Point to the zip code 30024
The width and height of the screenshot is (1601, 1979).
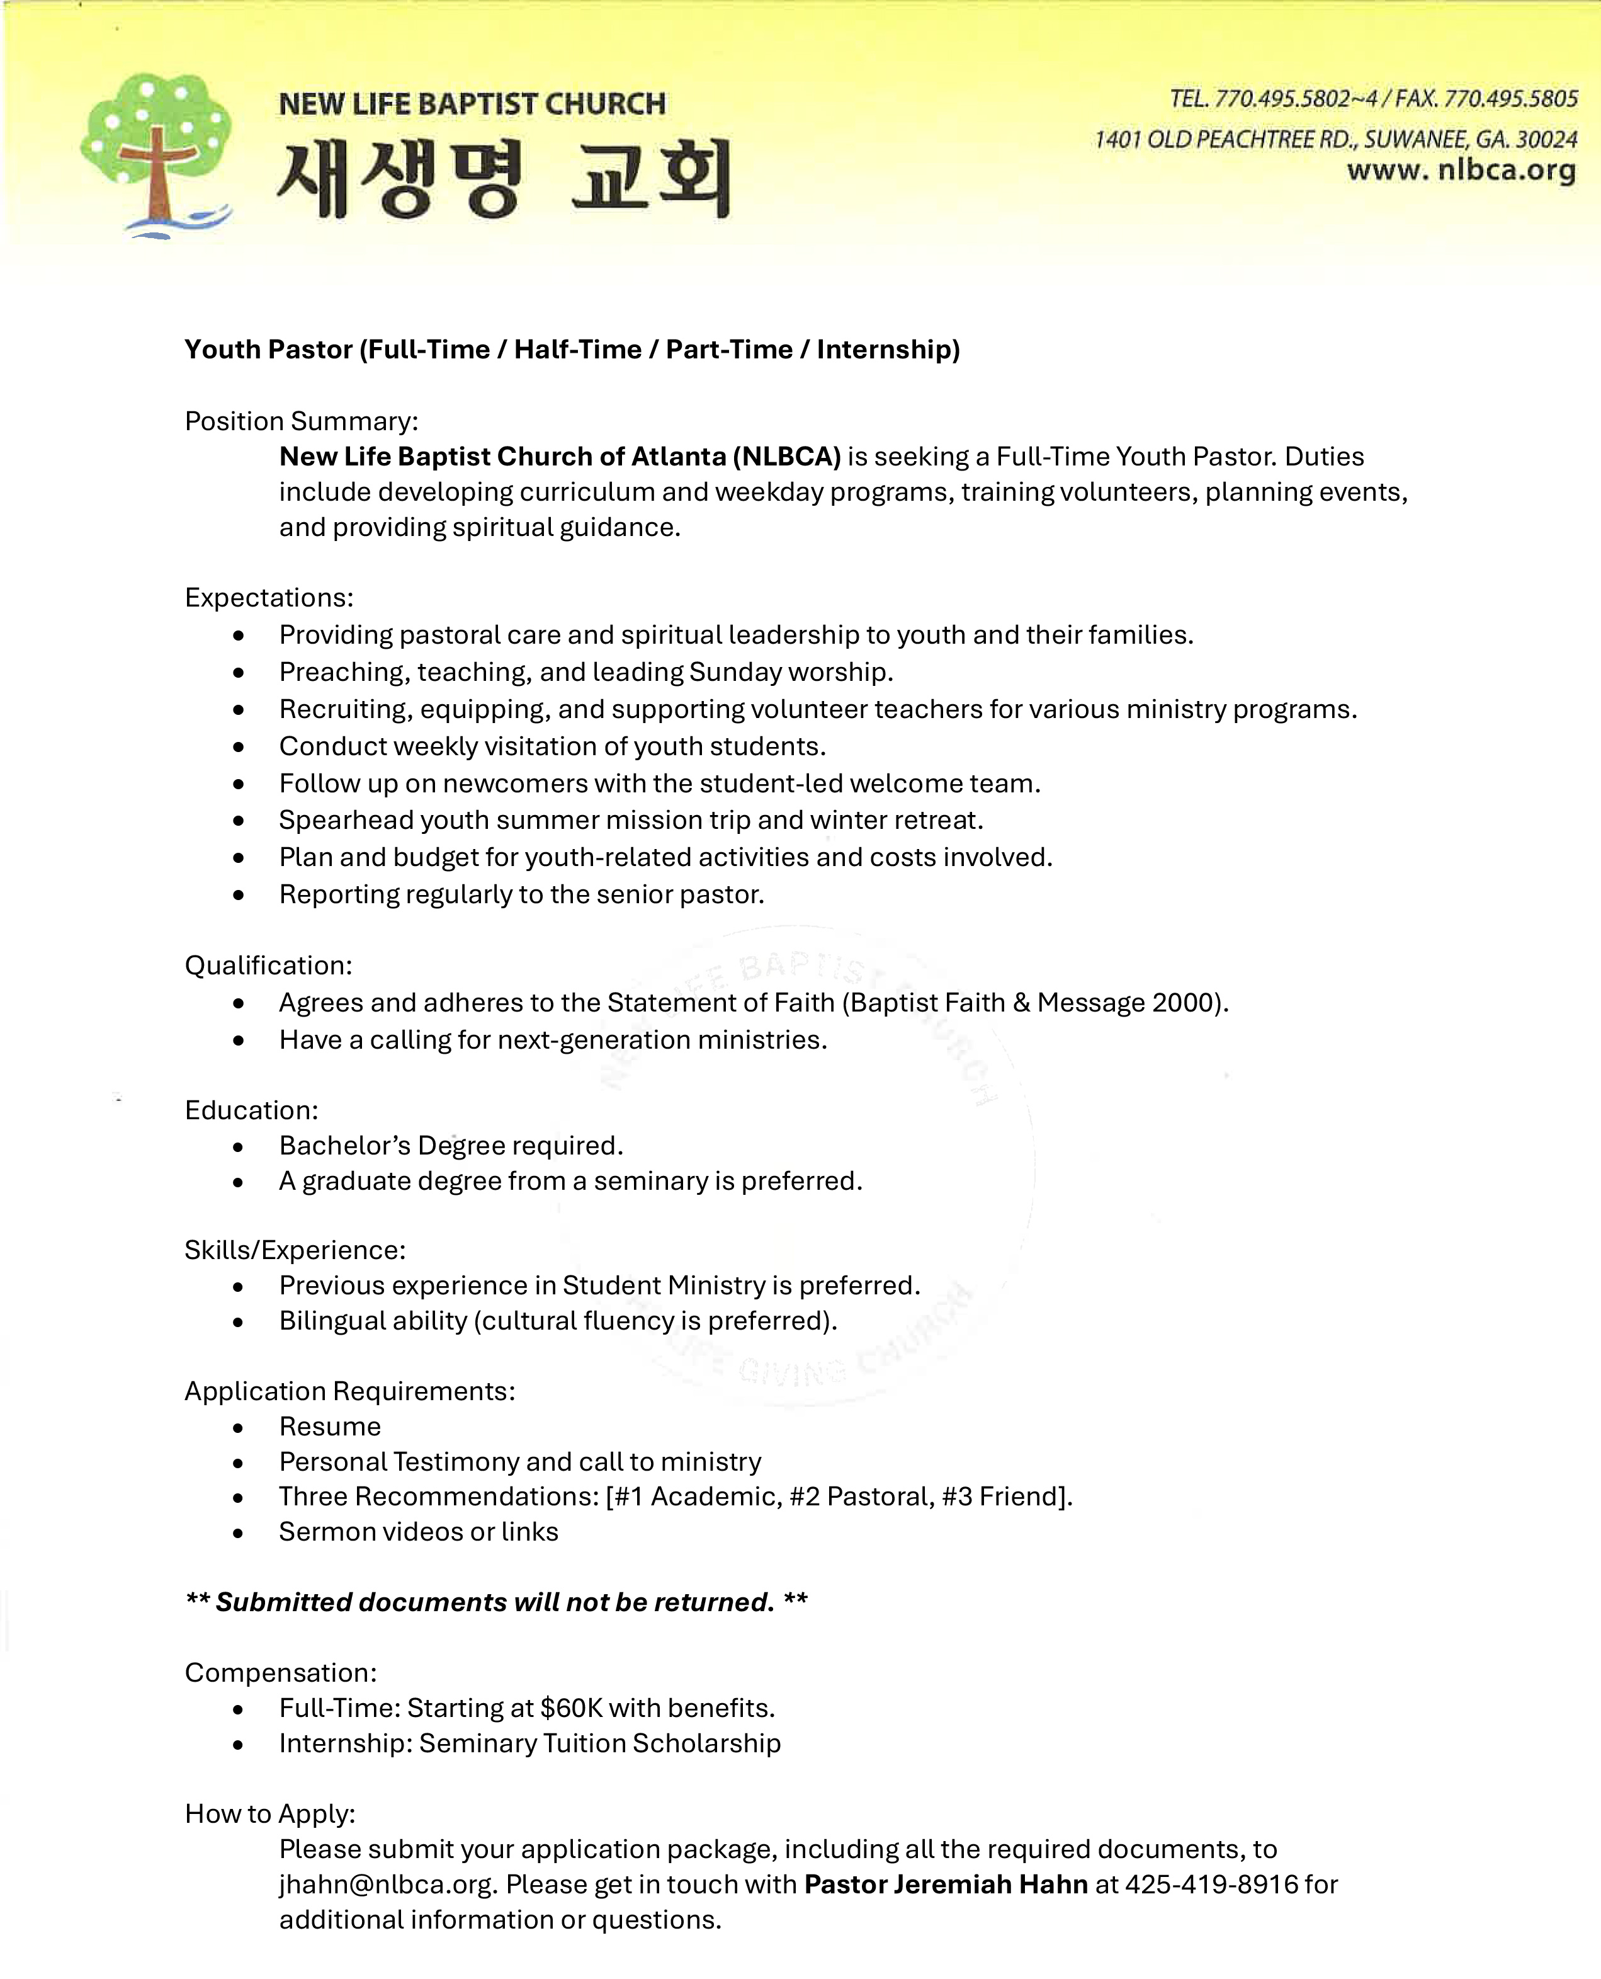(1547, 139)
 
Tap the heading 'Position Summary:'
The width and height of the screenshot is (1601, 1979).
(302, 421)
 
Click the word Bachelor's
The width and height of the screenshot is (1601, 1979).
(345, 1146)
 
